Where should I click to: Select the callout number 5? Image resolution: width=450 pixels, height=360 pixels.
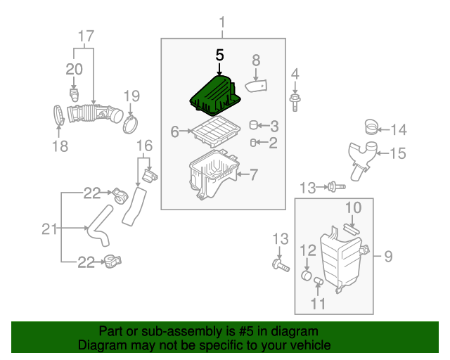(219, 54)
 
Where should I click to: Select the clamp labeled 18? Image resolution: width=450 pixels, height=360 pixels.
(60, 117)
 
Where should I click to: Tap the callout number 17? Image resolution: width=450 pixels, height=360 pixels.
(85, 35)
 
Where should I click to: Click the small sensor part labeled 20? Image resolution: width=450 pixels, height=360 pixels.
(74, 94)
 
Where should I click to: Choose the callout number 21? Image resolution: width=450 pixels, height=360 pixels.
(49, 228)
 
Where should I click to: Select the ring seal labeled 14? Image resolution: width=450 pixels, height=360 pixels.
(370, 127)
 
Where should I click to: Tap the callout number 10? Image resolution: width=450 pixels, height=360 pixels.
(352, 207)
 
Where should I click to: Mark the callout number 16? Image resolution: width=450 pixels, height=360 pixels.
(143, 146)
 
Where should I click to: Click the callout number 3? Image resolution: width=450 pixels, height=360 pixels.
(274, 127)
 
